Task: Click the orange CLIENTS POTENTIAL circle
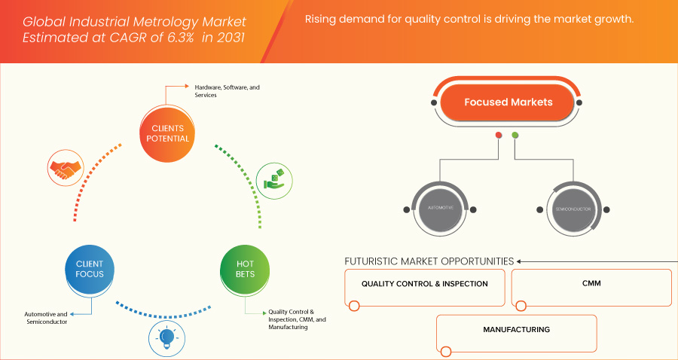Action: click(167, 133)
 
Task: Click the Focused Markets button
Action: click(508, 102)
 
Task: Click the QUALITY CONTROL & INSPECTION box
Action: click(424, 285)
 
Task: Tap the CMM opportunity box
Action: click(591, 285)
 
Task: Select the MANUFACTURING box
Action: click(517, 330)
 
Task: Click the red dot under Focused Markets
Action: click(499, 136)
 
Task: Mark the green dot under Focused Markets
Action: click(515, 136)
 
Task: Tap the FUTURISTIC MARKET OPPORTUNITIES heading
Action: click(429, 261)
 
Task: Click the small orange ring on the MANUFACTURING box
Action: click(446, 352)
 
